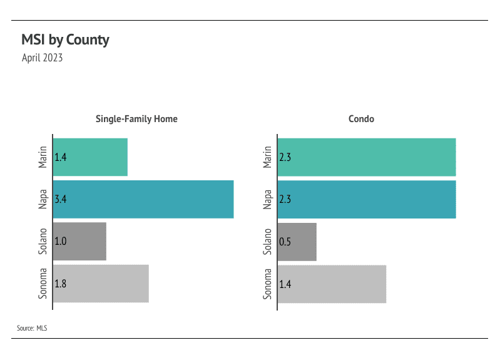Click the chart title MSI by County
tap(65, 40)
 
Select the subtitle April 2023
tap(42, 58)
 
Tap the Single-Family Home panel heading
tap(136, 118)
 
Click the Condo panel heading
tap(361, 118)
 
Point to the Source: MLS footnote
tap(32, 327)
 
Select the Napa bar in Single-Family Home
tap(143, 200)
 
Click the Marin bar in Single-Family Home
tap(90, 157)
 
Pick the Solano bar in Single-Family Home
tap(79, 242)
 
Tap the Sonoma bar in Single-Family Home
tap(101, 284)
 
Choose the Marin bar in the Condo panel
tap(367, 157)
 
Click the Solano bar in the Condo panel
tap(297, 242)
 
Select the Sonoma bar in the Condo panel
tap(332, 284)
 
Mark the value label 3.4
tap(61, 200)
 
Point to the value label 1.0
tap(61, 242)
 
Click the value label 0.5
tap(285, 242)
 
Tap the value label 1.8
tap(61, 284)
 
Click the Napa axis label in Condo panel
tap(268, 200)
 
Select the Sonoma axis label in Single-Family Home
tap(43, 284)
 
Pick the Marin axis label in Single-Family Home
tap(43, 157)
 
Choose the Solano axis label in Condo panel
tap(268, 242)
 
